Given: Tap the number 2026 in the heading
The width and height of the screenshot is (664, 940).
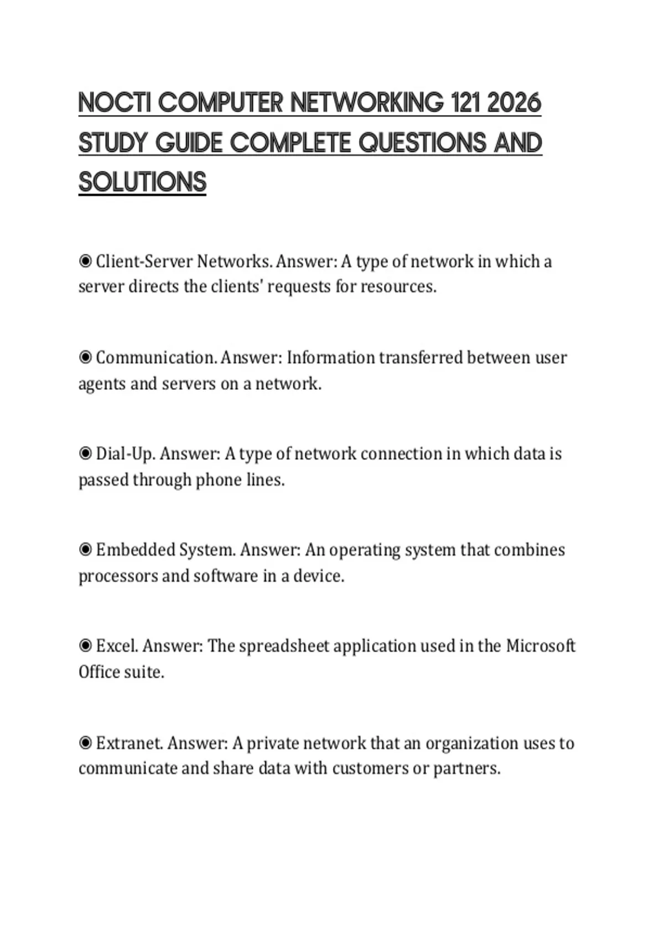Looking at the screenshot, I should click(x=515, y=103).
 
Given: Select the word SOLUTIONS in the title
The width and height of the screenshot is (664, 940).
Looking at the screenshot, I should click(x=142, y=182).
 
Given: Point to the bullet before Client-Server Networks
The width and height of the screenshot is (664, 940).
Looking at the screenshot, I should click(x=85, y=261).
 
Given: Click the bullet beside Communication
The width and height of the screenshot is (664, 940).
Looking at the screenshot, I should click(x=85, y=357).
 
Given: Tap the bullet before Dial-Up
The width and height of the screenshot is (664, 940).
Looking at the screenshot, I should click(x=85, y=453).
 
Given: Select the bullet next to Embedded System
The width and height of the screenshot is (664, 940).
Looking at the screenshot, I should click(x=85, y=550).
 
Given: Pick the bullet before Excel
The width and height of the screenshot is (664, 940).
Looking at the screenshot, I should click(x=85, y=646).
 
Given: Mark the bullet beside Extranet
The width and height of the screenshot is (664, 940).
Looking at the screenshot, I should click(x=85, y=743).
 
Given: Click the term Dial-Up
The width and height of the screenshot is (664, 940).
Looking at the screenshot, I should click(x=127, y=454).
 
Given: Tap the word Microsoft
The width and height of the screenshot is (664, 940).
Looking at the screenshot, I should click(x=541, y=646).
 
